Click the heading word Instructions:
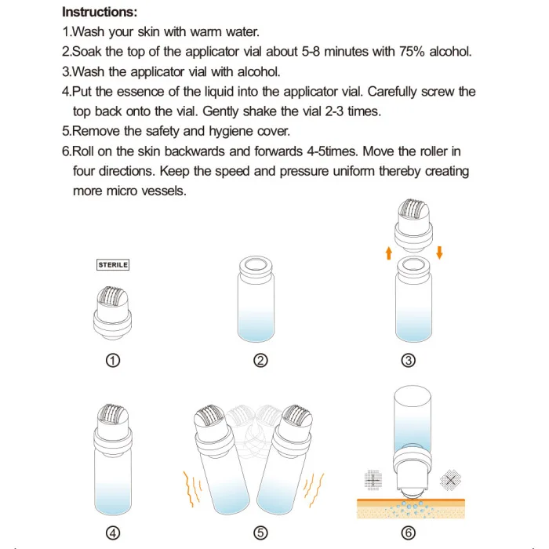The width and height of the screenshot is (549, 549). click(x=100, y=13)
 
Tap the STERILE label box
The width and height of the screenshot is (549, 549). click(x=113, y=265)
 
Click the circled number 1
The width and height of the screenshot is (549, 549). click(x=113, y=361)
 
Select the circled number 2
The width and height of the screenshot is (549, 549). click(x=261, y=361)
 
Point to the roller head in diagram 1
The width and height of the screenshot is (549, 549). click(x=113, y=297)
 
